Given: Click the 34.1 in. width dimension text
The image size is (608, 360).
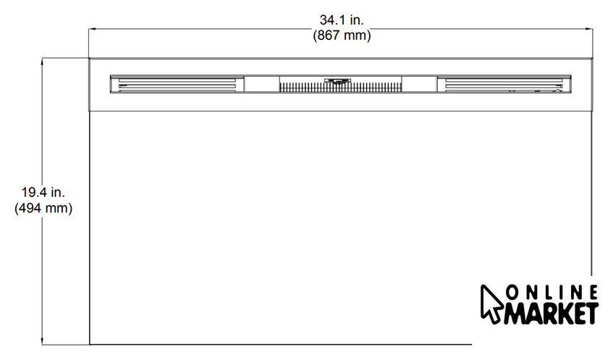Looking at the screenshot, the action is click(342, 20).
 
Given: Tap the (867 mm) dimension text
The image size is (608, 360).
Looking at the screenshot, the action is click(342, 35).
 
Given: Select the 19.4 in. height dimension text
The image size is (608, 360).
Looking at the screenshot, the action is click(43, 192).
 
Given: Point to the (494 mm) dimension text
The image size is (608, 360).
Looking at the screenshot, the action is click(43, 209).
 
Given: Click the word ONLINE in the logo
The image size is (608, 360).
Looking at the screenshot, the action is click(552, 293).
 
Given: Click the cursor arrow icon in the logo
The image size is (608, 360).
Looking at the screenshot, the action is click(491, 304).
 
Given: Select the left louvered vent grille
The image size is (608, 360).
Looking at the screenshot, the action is click(177, 84).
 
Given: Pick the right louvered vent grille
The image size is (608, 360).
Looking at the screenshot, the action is click(504, 84).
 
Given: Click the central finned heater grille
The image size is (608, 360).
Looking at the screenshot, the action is click(340, 87).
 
